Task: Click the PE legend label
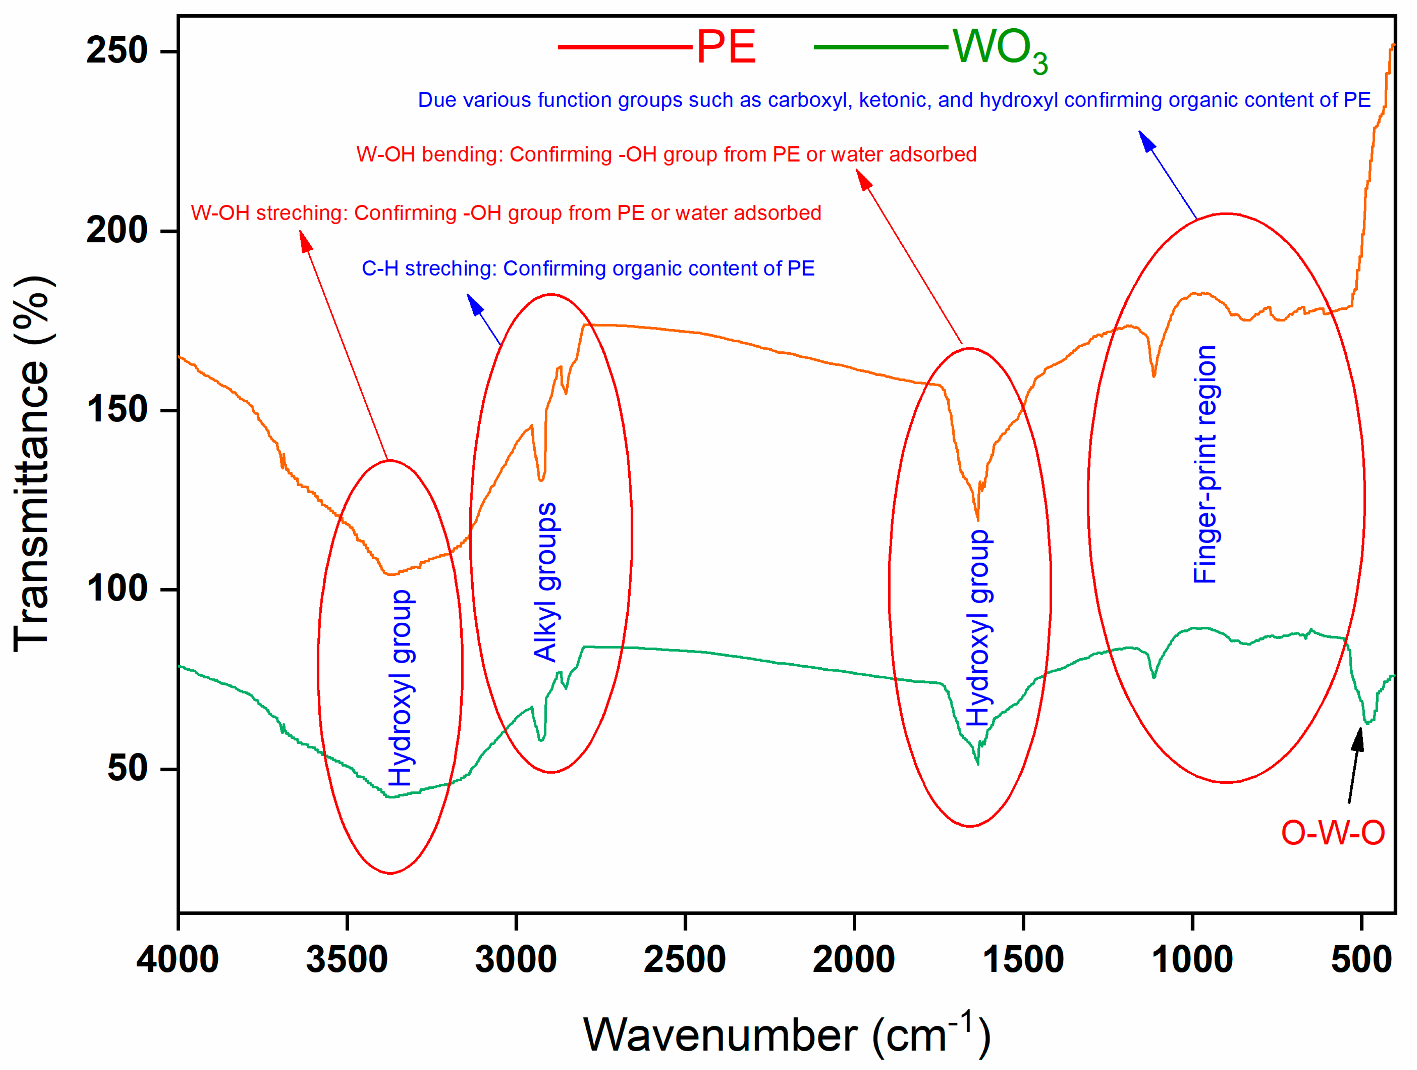tap(726, 47)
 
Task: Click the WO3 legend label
tap(999, 50)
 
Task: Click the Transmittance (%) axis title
tap(32, 464)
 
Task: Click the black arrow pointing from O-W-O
tap(1355, 765)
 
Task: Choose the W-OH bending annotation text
tap(666, 154)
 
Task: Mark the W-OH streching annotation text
tap(506, 213)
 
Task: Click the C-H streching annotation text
tap(588, 268)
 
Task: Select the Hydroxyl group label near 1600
tap(978, 628)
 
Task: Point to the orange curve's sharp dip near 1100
tap(1154, 375)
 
